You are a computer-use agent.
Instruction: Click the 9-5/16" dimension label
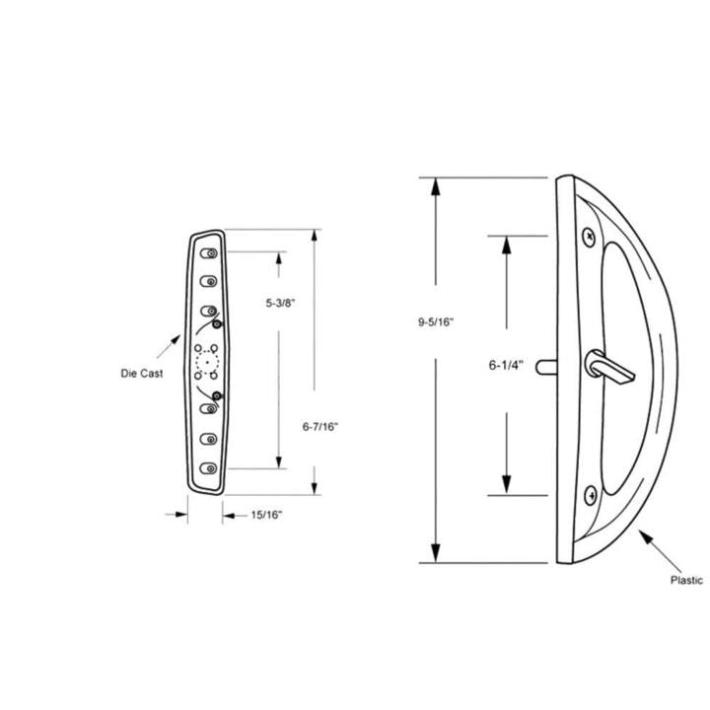(x=436, y=321)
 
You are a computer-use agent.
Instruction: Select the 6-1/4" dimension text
(x=506, y=364)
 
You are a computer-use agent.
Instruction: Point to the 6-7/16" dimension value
(x=320, y=426)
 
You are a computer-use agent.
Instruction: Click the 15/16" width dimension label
(x=269, y=514)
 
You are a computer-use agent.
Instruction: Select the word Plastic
(x=686, y=581)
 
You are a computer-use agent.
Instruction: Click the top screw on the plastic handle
(x=589, y=235)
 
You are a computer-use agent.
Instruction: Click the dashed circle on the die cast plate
(x=207, y=362)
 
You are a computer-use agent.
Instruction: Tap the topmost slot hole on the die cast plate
(x=210, y=254)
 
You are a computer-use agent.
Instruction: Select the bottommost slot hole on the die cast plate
(x=209, y=469)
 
